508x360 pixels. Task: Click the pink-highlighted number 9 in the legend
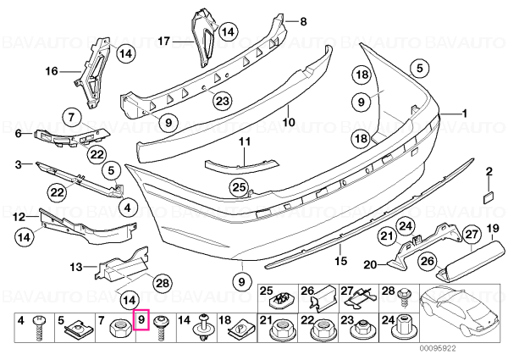click(141, 321)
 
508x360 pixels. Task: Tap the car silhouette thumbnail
click(462, 313)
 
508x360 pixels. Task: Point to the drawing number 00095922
click(437, 349)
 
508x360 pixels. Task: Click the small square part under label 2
click(489, 197)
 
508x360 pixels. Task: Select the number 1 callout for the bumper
click(465, 114)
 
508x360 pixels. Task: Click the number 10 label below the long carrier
click(288, 123)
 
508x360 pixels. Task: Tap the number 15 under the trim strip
click(341, 261)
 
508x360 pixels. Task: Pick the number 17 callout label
click(164, 42)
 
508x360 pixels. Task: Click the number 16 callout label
click(52, 71)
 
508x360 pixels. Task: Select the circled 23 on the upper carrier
click(222, 101)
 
